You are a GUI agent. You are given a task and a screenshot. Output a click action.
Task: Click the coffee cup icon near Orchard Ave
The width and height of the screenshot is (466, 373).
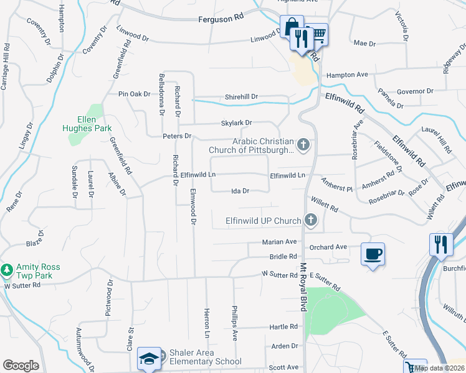pos(373,254)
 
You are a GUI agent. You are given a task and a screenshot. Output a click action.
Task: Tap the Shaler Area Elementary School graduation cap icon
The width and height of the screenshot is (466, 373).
pos(150,359)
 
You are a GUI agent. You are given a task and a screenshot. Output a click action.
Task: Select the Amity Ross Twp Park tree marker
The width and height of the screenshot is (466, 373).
pos(7,270)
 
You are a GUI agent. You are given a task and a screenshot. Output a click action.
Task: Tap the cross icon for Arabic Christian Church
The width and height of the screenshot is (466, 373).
pos(303,145)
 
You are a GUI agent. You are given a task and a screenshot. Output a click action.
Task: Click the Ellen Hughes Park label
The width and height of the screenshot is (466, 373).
pos(87,124)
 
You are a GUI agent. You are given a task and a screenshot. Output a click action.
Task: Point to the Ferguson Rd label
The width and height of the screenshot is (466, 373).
pos(221,20)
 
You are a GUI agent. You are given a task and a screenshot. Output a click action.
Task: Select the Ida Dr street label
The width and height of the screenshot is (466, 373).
pos(241,191)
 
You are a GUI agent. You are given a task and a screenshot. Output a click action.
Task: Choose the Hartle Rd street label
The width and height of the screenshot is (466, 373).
pos(283,327)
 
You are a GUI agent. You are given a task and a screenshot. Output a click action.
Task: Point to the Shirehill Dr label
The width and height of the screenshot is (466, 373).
pos(241,98)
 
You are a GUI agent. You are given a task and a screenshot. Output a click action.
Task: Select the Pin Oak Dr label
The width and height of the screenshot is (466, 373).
pos(135,94)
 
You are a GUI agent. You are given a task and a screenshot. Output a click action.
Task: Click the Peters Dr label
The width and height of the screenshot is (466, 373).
pos(176,136)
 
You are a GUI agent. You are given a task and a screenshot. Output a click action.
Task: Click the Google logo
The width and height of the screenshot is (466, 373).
pos(21,366)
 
